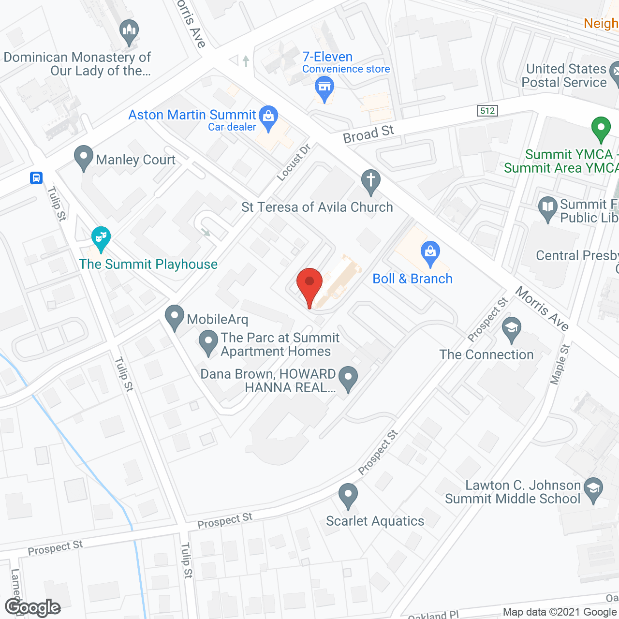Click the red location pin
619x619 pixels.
309,283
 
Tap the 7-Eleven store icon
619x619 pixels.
324,88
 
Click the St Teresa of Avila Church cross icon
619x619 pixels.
371,181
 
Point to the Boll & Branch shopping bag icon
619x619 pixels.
430,252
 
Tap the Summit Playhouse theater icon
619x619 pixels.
101,237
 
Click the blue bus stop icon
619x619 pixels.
36,178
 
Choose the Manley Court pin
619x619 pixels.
84,157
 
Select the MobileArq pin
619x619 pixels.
174,316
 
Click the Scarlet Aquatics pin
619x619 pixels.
348,495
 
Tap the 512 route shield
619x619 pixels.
487,111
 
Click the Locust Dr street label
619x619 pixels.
294,162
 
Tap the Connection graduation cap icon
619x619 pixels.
511,328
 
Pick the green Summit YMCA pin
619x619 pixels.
601,128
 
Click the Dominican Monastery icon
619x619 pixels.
129,31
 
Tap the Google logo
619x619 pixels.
32,607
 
